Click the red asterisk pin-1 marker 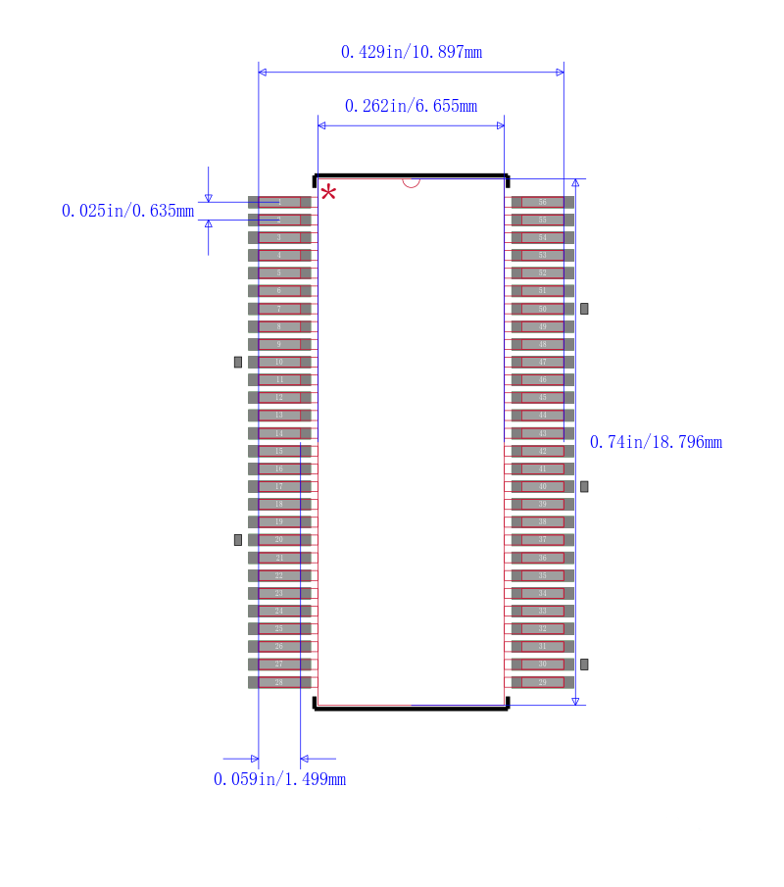tap(328, 192)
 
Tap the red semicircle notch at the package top tap(411, 182)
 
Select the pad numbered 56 tap(542, 202)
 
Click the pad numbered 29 tap(542, 682)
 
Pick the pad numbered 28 tap(279, 682)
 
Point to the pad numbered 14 tap(279, 433)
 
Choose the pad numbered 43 tap(542, 433)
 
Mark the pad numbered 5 tap(279, 273)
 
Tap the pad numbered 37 tap(542, 540)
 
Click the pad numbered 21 tap(279, 558)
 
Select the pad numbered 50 tap(542, 309)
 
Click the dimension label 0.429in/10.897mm tap(411, 52)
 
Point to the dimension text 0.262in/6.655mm tap(411, 106)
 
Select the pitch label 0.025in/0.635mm tap(127, 211)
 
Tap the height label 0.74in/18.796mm tap(656, 442)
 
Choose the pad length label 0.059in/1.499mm tap(279, 779)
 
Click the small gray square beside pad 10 tap(237, 362)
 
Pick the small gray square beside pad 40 tap(584, 486)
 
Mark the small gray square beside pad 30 tap(584, 665)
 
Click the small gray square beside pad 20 tap(237, 540)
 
